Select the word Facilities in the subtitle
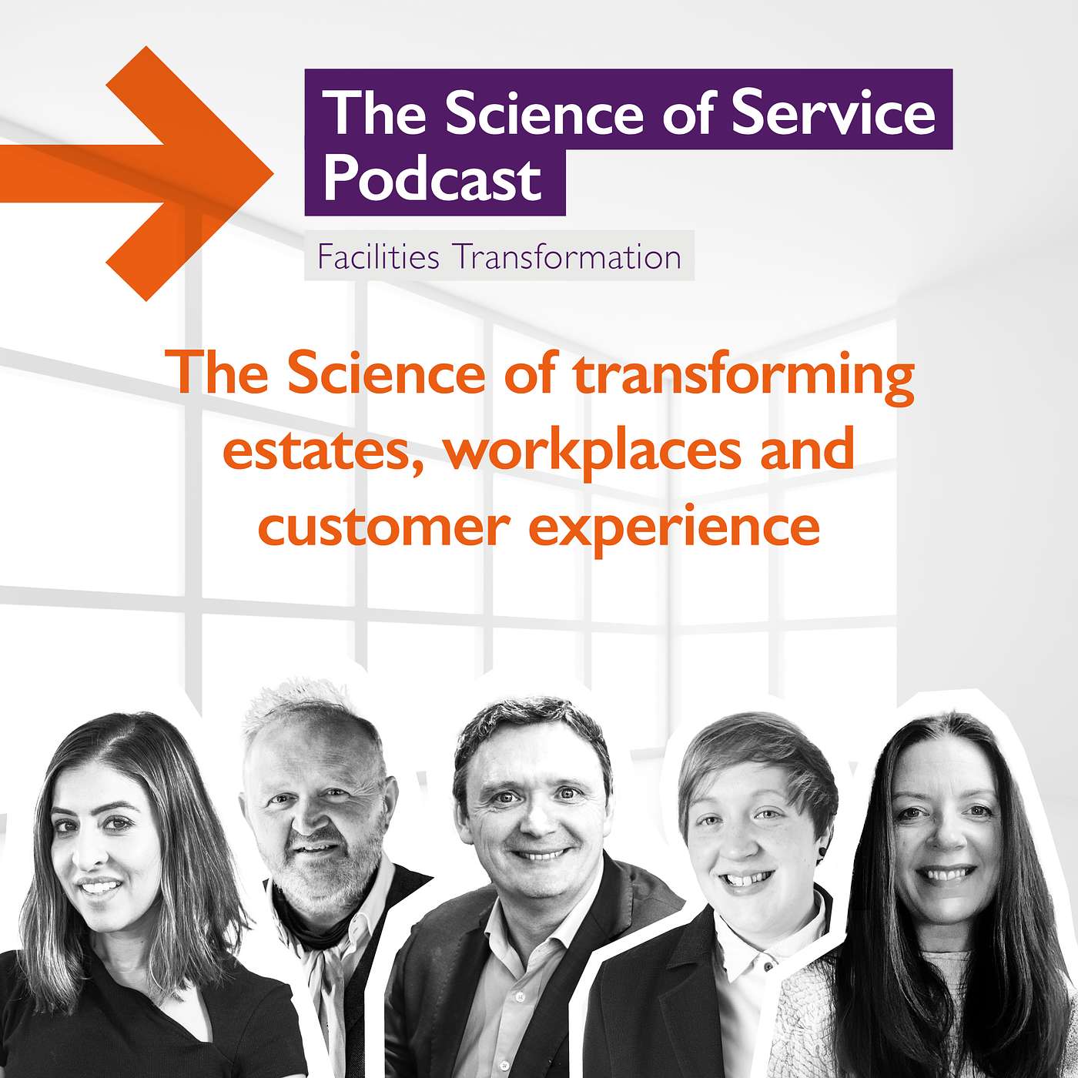click(378, 257)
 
